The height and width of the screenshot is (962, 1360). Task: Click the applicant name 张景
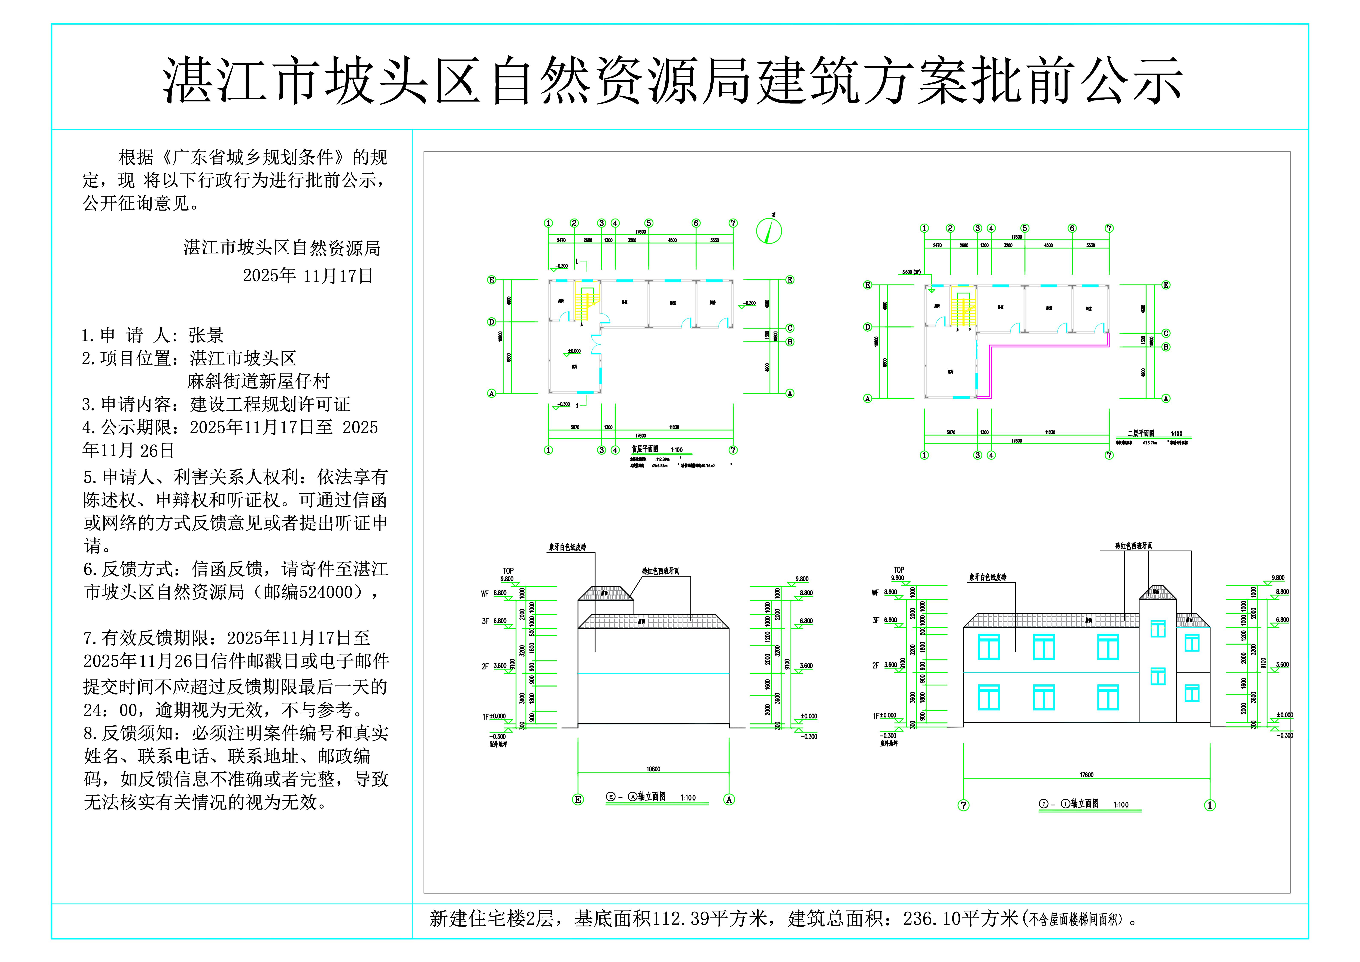[x=206, y=335]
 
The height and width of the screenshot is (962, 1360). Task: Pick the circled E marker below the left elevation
[x=578, y=800]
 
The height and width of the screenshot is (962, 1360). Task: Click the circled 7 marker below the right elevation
[x=964, y=805]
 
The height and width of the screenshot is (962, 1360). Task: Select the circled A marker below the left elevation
[x=729, y=800]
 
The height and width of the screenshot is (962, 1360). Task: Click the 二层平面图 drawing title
[x=1140, y=433]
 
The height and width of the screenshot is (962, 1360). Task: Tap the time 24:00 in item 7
[x=111, y=710]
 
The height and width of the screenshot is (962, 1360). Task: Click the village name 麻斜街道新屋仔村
[x=258, y=381]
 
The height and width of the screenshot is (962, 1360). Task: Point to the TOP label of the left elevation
[x=508, y=571]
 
